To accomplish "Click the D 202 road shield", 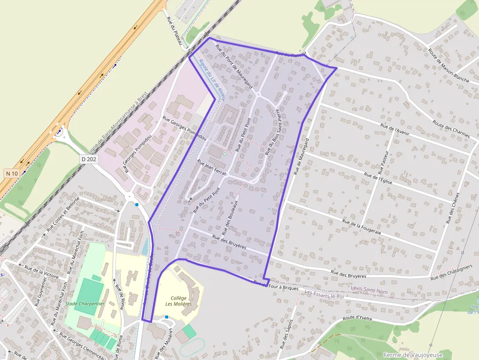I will tap(89, 159).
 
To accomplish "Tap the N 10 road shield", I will tap(12, 173).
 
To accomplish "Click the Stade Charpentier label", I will tap(85, 303).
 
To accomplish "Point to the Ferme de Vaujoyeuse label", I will tap(413, 355).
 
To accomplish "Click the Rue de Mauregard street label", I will tap(302, 156).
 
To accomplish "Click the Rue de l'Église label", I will tap(379, 178).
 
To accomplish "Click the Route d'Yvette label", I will tap(357, 318).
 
